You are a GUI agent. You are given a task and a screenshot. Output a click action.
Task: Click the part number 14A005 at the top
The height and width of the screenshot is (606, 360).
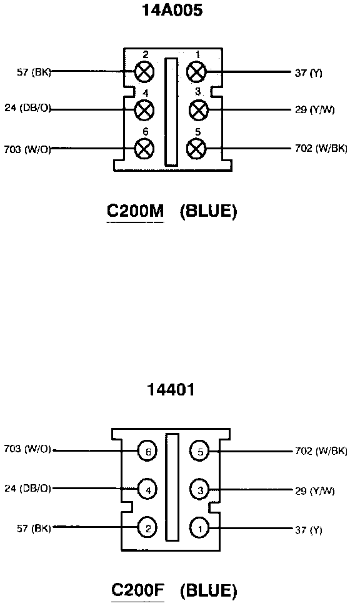click(x=172, y=10)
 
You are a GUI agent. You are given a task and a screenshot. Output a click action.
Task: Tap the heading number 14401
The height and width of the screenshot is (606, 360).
click(x=171, y=389)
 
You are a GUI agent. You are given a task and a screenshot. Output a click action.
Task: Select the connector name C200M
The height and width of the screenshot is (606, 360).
click(x=136, y=211)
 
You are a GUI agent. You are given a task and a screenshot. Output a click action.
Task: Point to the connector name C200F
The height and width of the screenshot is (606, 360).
click(x=138, y=590)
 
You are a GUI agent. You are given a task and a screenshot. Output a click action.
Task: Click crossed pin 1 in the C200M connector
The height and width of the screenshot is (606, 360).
click(x=196, y=72)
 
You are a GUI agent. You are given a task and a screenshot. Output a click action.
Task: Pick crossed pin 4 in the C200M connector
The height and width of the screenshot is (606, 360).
click(x=144, y=110)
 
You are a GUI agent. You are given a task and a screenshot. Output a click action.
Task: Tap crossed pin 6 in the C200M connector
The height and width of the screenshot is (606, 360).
click(x=144, y=149)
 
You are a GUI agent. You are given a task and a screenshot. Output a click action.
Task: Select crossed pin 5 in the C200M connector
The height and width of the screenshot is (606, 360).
click(x=196, y=149)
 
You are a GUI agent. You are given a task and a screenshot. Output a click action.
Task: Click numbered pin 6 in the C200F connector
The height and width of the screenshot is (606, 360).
click(x=147, y=451)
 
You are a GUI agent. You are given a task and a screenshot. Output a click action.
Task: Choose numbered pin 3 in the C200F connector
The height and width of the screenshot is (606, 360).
click(x=199, y=490)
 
